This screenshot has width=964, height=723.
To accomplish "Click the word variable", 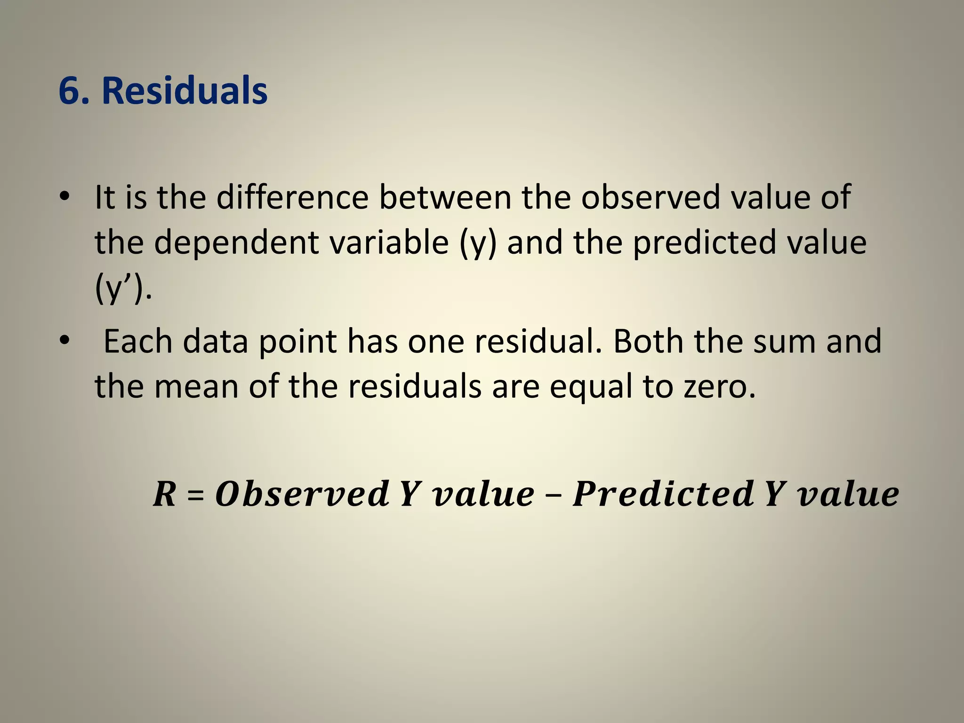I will tap(389, 242).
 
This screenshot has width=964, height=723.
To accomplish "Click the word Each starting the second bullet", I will tap(138, 341).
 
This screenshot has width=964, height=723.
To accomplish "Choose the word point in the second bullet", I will tap(297, 342).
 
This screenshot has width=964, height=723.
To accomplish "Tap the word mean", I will tap(196, 387).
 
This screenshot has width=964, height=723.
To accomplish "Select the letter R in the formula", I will tap(164, 494).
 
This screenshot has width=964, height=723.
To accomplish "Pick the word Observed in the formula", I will tap(302, 494).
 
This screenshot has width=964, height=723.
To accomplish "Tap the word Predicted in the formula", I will tap(663, 494).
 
